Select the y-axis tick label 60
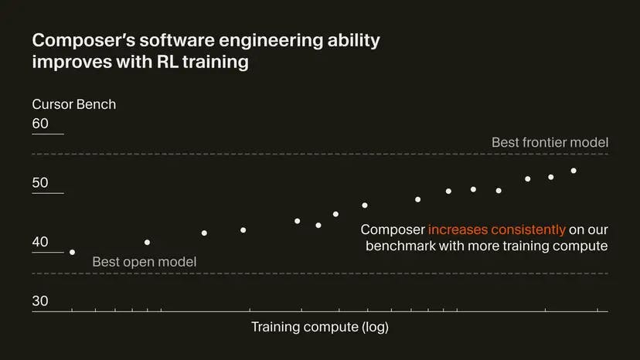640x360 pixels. tap(40, 124)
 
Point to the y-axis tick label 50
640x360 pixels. tap(40, 183)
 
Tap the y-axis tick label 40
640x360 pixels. tap(40, 242)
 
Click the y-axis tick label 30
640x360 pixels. tap(40, 301)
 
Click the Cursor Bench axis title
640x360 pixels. tap(74, 104)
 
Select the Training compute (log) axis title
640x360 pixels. tap(320, 327)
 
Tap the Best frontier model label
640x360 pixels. tap(550, 143)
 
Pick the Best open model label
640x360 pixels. tap(144, 262)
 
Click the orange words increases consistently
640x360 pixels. tap(496, 229)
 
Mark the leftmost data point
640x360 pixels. tap(73, 252)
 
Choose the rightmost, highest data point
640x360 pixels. tap(574, 171)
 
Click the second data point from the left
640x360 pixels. tap(148, 243)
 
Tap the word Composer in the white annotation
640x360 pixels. tap(393, 229)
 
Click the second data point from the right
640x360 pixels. tap(551, 177)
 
